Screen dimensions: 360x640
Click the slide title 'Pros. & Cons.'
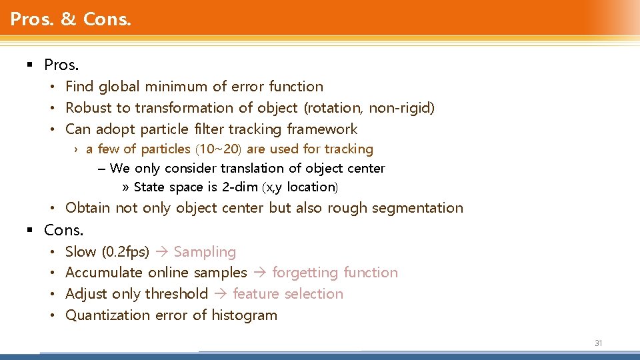(x=71, y=19)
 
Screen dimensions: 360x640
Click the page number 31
(x=598, y=343)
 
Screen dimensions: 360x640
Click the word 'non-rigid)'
(x=404, y=108)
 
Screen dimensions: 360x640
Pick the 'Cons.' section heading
(x=64, y=231)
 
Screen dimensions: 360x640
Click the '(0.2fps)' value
(x=125, y=252)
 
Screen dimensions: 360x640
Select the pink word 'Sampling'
(x=205, y=252)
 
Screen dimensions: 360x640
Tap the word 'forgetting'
(x=304, y=273)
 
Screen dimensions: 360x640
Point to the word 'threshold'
(x=177, y=294)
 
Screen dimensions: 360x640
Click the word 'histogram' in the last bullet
(x=244, y=315)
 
